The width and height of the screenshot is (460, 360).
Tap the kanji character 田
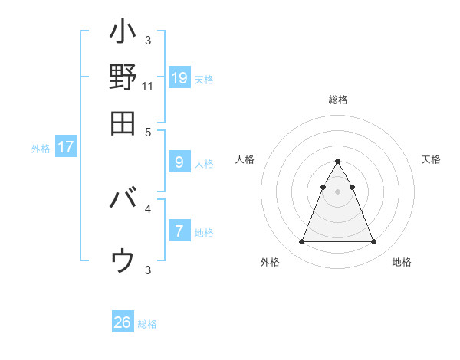pos(123,123)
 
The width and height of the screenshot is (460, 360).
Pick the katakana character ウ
pos(123,260)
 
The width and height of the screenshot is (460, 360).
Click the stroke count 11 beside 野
pos(148,87)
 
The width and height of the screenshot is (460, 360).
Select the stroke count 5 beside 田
pos(148,131)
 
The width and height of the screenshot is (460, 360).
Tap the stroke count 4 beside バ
pos(148,208)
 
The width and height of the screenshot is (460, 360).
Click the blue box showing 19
pos(179,77)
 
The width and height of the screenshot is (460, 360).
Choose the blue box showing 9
pos(179,162)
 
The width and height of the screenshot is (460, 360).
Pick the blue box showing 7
pos(179,231)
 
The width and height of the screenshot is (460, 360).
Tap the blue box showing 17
pos(66,147)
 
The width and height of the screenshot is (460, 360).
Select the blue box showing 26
pos(123,322)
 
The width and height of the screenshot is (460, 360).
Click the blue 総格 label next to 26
pos(148,324)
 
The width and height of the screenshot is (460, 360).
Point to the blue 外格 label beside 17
pos(41,149)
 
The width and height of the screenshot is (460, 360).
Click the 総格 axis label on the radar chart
pos(338,100)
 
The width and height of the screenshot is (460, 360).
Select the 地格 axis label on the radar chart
pos(402,262)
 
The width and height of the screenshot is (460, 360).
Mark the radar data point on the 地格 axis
pos(373,242)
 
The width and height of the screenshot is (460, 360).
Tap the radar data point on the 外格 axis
pos(301,242)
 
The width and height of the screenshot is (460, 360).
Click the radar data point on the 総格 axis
pos(337,162)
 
